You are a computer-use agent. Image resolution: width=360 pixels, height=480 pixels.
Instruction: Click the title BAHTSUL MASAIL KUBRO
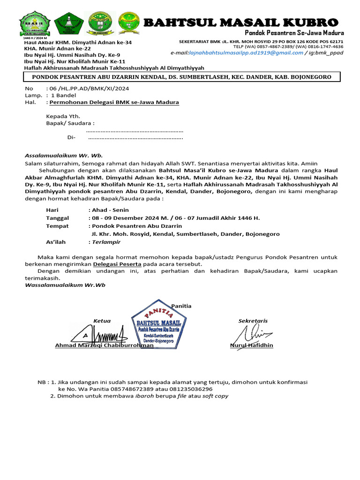point(240,22)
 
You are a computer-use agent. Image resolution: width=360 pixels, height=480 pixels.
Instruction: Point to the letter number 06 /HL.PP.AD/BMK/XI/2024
point(88,88)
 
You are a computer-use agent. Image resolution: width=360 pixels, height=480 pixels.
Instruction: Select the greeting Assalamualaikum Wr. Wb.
point(63,156)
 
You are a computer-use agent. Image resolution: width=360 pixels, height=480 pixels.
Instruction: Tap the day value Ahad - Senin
point(108,210)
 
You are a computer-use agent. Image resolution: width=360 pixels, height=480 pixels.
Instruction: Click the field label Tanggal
point(57,218)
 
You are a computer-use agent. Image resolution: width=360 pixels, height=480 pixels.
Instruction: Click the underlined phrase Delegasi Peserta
point(116,264)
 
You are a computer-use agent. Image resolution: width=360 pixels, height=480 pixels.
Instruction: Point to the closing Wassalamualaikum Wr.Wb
point(65,285)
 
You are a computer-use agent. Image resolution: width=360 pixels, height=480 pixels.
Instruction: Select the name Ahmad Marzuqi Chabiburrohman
point(104,345)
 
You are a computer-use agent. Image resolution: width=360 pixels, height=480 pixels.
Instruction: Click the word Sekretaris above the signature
point(253,321)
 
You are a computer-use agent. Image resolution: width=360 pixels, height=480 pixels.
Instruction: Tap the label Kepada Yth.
point(63,116)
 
